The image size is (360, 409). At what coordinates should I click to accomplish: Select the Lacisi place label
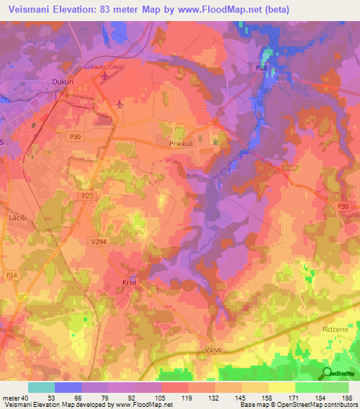pyautogui.click(x=18, y=219)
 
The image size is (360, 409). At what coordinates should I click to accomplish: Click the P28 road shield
pyautogui.click(x=262, y=67)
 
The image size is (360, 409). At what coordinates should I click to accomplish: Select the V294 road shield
pyautogui.click(x=99, y=240)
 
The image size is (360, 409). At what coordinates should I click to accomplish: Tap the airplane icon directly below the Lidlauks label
pyautogui.click(x=106, y=77)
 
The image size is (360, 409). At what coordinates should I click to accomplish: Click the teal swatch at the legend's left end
pyautogui.click(x=41, y=387)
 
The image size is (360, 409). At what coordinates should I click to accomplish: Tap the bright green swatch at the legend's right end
pyautogui.click(x=335, y=387)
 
